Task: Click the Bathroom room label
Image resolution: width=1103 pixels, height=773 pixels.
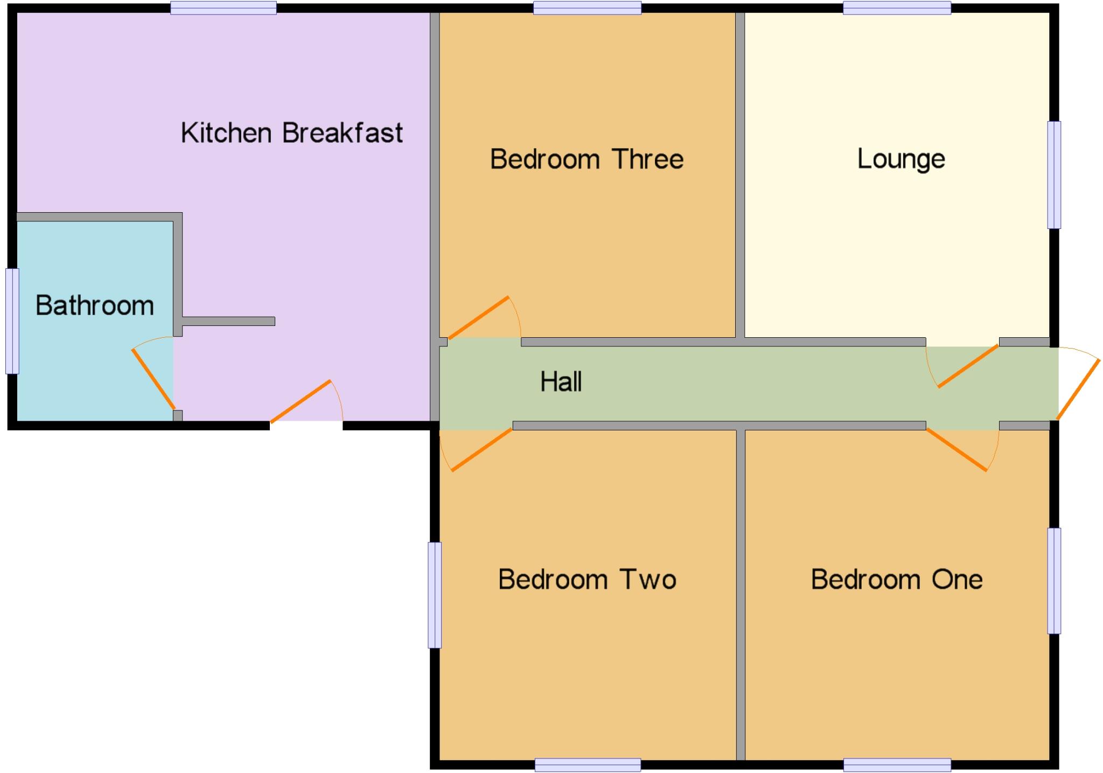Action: point(95,306)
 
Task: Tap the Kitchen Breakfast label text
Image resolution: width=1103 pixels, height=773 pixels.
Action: point(291,133)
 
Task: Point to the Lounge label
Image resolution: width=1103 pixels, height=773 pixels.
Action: point(901,159)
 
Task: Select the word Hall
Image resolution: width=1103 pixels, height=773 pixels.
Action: point(561,382)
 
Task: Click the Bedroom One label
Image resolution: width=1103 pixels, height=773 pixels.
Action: point(897,580)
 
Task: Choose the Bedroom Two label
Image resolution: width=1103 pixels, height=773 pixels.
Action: point(587,580)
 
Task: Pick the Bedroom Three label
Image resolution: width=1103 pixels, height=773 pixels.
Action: point(587,159)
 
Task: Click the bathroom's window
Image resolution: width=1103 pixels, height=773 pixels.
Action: point(12,321)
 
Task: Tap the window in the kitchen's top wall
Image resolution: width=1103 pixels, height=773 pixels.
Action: point(224,8)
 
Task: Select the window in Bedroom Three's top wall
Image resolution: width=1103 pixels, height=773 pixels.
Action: point(587,8)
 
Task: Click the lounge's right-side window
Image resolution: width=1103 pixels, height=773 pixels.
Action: point(1054,175)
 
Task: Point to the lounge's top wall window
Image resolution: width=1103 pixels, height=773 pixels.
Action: point(897,8)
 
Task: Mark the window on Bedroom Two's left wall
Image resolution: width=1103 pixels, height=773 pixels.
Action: point(435,595)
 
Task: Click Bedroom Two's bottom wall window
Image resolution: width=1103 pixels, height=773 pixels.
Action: point(588,764)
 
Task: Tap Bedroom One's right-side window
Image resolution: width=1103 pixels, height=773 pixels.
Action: point(1054,581)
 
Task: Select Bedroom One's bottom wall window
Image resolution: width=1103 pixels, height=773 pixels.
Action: point(897,764)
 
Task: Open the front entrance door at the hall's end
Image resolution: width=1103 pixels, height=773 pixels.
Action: point(1078,389)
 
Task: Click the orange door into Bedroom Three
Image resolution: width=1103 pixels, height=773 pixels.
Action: point(478,318)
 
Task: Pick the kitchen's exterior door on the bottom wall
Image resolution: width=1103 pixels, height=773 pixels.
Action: point(301,401)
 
